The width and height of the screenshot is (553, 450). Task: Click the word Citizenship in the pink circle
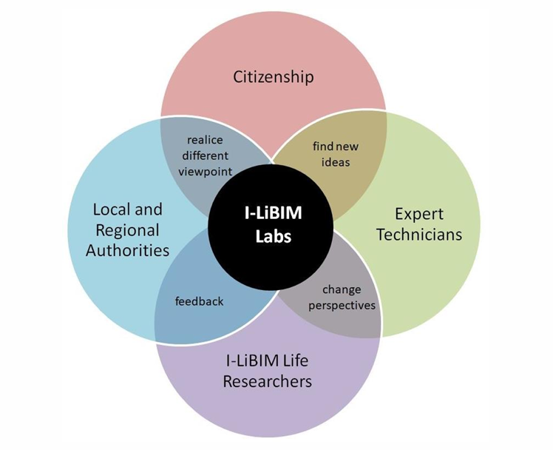click(x=274, y=76)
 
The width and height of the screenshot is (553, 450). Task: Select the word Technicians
click(x=418, y=235)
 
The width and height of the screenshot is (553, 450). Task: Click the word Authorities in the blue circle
click(x=127, y=249)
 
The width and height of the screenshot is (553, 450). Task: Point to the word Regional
click(x=127, y=229)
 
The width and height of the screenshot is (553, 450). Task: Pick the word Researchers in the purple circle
click(x=268, y=382)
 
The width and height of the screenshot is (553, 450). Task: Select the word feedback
click(x=199, y=301)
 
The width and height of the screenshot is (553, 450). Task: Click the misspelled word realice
click(x=205, y=139)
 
